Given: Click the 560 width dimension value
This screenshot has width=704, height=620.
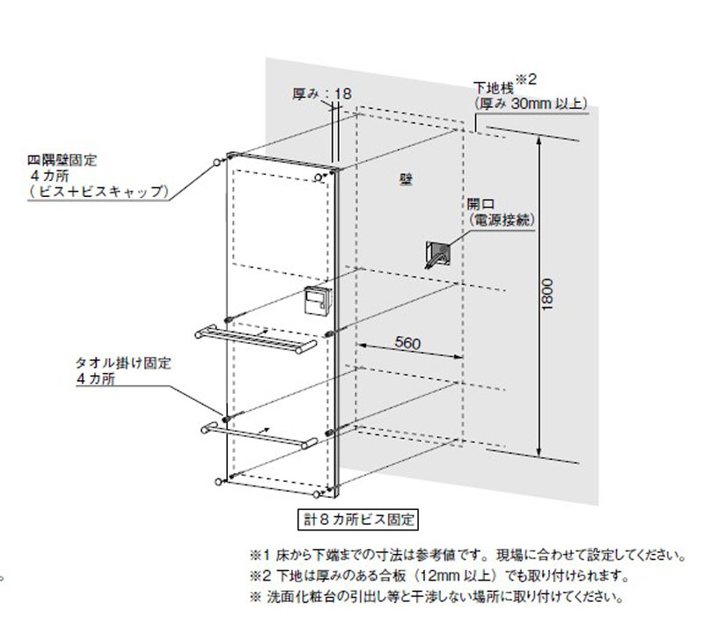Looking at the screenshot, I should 406,344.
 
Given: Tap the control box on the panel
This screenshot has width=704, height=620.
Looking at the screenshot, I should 316,303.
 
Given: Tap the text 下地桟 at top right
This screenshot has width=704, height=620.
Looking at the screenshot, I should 493,89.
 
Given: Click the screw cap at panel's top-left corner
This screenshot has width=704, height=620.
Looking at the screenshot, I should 216,163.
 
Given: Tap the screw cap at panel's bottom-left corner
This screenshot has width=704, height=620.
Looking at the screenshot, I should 216,480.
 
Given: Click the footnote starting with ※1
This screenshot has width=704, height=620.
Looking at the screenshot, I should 466,557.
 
